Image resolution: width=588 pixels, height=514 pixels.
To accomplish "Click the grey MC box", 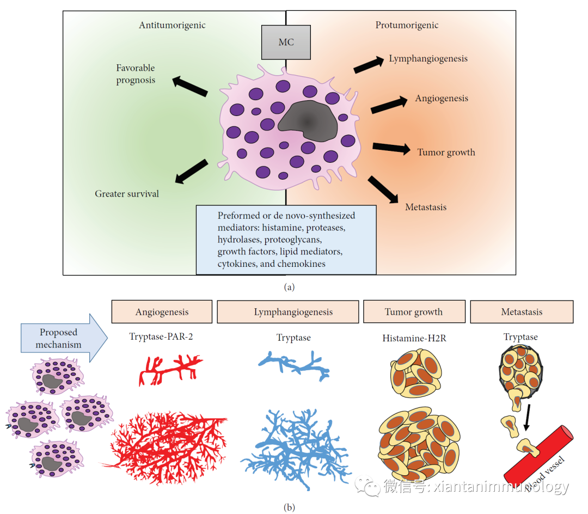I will (286, 42).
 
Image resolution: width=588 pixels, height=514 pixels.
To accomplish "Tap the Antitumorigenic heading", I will (172, 25).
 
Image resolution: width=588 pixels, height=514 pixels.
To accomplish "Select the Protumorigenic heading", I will (407, 25).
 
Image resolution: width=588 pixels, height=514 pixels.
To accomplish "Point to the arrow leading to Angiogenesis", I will (389, 105).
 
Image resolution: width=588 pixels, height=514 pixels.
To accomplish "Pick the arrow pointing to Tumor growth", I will (391, 148).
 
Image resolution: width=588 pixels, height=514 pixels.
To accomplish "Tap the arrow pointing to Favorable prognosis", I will (190, 87).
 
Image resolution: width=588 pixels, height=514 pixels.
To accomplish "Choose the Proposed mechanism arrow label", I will (58, 338).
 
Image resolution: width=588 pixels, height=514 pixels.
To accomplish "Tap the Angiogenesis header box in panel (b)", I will (162, 312).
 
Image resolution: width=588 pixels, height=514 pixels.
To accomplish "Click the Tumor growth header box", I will (414, 312).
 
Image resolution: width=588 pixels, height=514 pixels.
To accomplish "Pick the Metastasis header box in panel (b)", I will (521, 312).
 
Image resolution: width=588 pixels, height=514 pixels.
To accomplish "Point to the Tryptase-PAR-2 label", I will (162, 336).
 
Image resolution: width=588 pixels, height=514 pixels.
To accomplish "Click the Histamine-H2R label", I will (414, 339).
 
